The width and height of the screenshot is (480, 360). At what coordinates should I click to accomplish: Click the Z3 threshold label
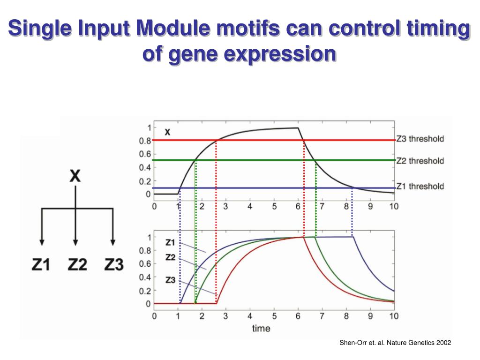coord(420,139)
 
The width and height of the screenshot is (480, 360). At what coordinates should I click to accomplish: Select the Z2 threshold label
coord(420,161)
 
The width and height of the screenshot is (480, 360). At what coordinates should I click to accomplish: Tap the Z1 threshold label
coord(420,187)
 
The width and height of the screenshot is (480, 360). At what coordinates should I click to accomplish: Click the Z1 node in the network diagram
coord(41,265)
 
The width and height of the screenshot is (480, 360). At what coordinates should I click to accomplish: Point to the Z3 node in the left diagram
coord(114,265)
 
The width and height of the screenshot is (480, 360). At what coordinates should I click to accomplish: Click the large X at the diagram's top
coord(75,176)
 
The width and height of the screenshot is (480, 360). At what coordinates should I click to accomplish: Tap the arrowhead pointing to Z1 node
coord(42,242)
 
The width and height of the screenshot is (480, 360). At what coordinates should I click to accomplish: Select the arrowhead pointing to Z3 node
coord(112,242)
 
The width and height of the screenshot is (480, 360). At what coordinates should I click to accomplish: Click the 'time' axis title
coord(261,328)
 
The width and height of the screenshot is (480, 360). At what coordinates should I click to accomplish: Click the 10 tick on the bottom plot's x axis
coord(394,316)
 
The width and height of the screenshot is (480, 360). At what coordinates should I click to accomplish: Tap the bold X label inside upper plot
coord(167,133)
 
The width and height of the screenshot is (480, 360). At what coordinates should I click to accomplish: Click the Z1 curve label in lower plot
coord(170,242)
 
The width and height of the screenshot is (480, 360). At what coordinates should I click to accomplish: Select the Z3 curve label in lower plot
coord(170,280)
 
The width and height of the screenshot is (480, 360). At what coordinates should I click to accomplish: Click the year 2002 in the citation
coord(443,343)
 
